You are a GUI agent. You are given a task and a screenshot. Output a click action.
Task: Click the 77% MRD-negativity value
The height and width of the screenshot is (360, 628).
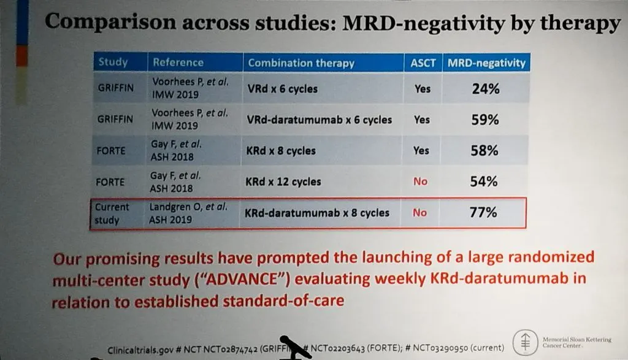point(484,213)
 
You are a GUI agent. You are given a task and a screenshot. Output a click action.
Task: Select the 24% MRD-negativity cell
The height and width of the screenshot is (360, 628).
point(485,89)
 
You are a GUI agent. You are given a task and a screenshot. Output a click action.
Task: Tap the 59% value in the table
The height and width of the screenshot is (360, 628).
point(484,120)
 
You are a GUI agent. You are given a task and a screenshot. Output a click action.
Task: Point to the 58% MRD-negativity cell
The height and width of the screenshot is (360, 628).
point(484,151)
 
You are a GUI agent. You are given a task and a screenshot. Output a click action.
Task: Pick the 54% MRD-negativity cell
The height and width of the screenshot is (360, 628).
point(484,182)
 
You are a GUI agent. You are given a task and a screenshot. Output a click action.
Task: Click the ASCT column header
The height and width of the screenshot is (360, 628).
point(423,63)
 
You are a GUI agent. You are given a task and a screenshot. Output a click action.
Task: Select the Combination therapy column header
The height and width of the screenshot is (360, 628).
point(301,63)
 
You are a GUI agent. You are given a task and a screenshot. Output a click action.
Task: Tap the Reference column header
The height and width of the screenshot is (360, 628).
point(178,62)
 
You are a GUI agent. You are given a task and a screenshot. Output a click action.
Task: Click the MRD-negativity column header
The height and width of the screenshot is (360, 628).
point(486,63)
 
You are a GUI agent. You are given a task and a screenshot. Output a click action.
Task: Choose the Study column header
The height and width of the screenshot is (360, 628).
point(113,62)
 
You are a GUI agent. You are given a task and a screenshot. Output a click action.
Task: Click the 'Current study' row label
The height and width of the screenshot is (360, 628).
point(112,213)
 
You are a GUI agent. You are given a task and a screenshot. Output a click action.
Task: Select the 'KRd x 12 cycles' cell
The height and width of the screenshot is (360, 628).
point(283,182)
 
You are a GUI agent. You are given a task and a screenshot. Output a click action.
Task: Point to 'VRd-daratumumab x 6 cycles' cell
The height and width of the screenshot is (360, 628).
point(319,120)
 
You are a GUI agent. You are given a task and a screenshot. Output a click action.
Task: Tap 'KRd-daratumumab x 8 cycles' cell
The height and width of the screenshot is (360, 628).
point(316,213)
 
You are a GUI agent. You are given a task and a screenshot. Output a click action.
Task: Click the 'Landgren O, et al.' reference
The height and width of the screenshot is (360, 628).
point(188,207)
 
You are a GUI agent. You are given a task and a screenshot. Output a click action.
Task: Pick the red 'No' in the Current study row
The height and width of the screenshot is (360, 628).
point(419,213)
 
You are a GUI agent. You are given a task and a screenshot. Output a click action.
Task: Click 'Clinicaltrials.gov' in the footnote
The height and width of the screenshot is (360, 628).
point(140,350)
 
